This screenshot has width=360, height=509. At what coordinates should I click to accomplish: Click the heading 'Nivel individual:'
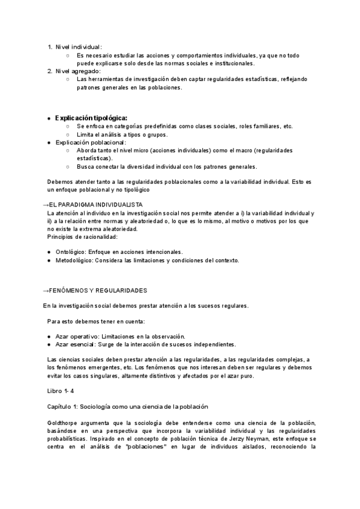click(x=79, y=47)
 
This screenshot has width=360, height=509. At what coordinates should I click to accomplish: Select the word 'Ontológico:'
click(x=71, y=252)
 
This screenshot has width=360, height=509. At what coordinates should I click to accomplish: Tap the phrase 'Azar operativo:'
click(x=77, y=336)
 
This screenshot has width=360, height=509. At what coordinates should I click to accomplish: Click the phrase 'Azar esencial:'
click(x=76, y=345)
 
